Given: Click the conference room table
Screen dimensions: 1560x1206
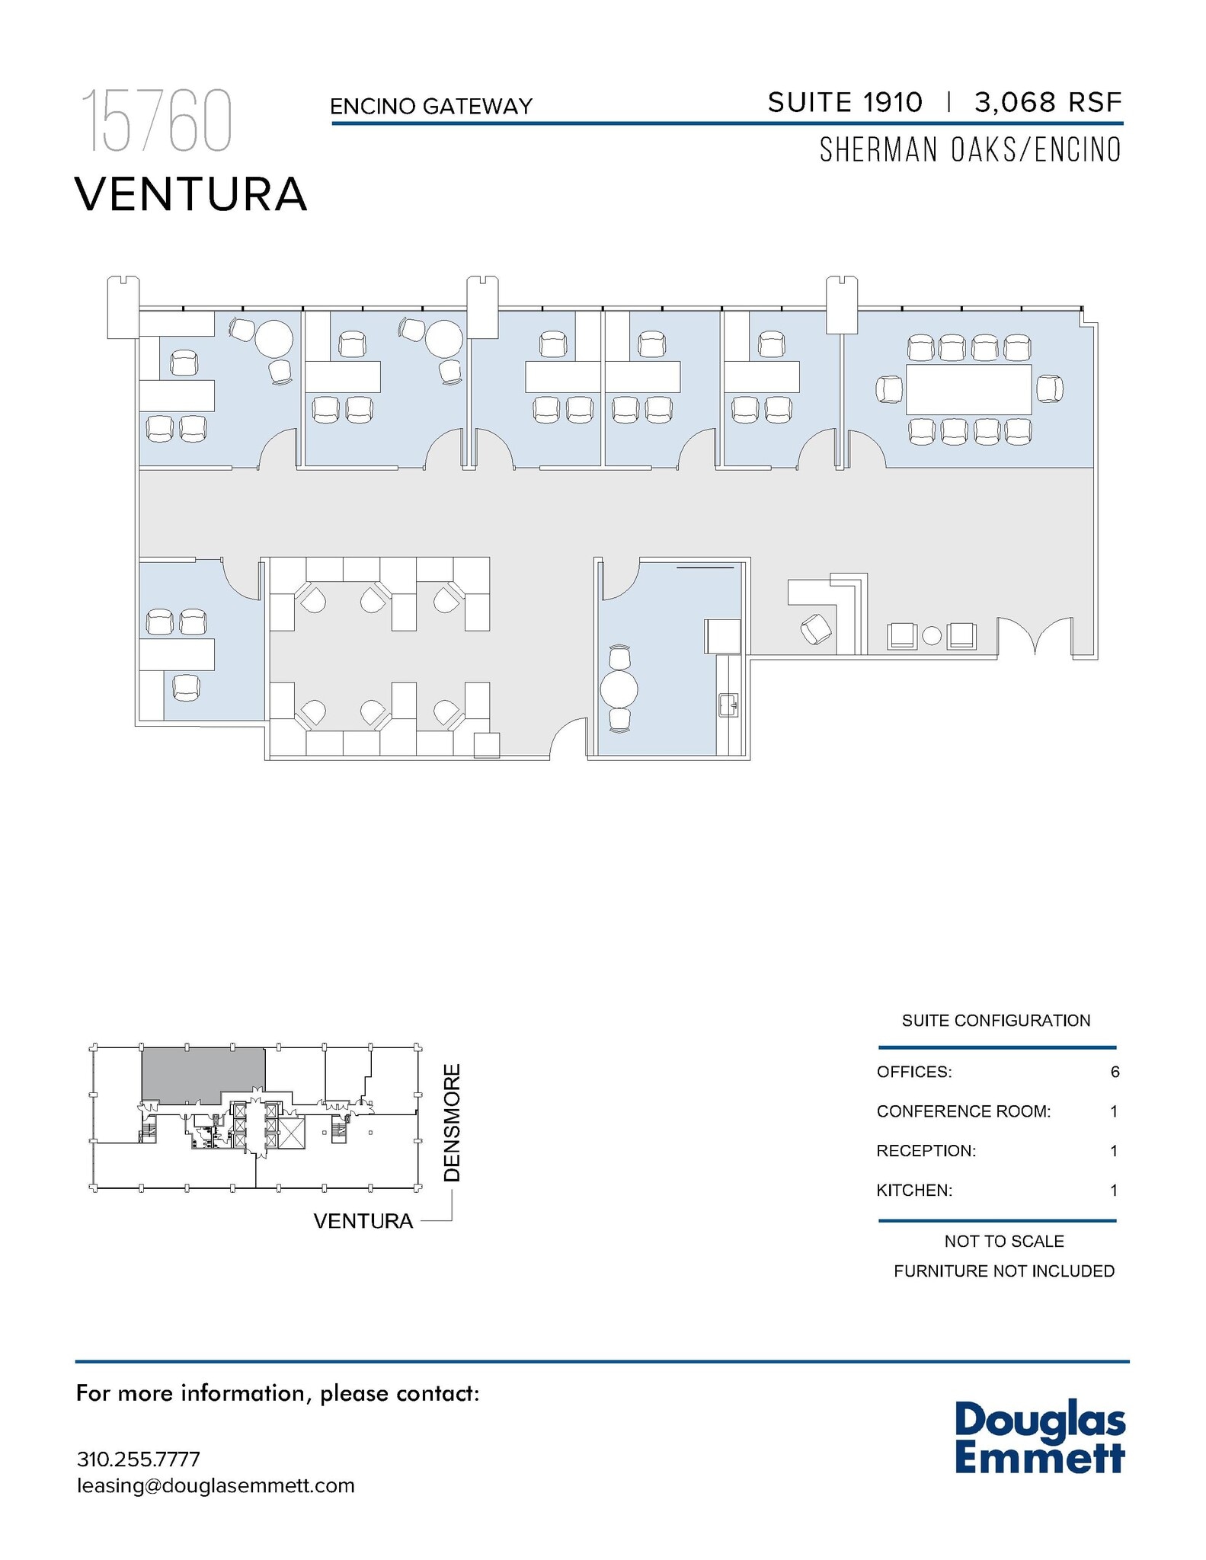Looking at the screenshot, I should point(968,389).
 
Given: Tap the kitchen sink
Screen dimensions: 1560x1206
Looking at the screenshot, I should point(728,705).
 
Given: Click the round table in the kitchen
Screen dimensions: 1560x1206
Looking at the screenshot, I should point(619,689).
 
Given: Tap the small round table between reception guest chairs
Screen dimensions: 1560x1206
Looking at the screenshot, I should point(932,635).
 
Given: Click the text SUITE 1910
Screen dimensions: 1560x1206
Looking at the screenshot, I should point(845,102).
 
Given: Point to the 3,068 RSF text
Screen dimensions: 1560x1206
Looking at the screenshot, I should point(1048,102).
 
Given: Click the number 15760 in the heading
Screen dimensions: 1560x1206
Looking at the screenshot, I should point(156,121).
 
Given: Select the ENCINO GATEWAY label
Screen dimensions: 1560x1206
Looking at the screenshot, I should point(431,107).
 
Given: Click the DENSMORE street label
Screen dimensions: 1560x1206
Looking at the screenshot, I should point(453,1123).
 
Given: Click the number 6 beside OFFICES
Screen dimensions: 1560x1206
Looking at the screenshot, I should point(1115,1072).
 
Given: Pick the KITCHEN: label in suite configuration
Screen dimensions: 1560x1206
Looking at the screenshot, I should point(914,1190).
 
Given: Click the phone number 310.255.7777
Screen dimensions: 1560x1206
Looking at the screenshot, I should point(139,1459).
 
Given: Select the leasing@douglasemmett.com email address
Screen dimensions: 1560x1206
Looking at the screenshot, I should point(216,1485).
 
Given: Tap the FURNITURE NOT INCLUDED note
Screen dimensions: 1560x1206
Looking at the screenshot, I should point(1003,1271).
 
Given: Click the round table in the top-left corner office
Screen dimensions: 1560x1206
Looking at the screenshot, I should point(274,338).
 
